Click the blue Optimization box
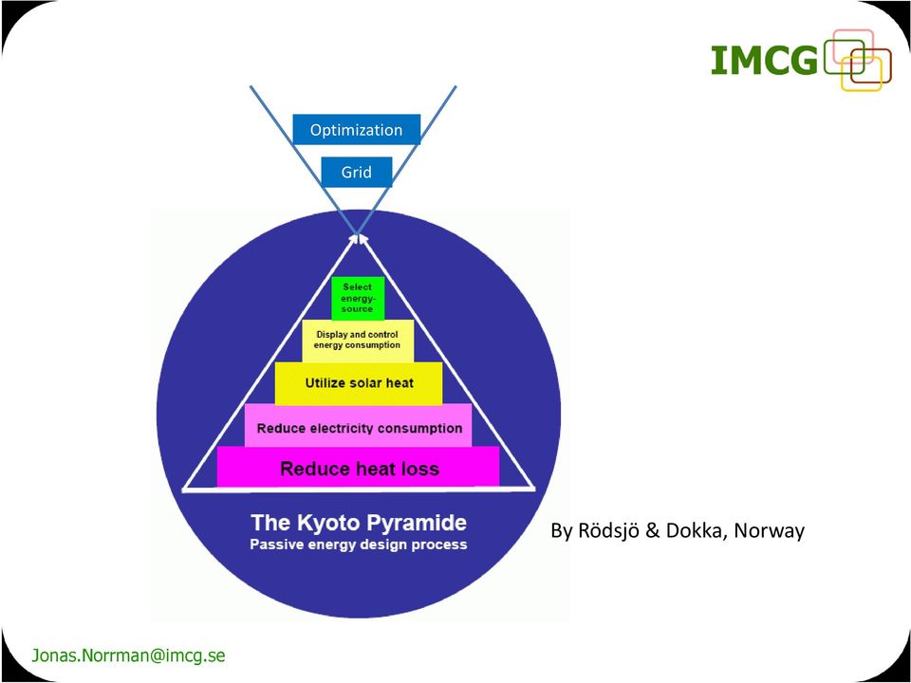[x=356, y=129]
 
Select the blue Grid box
[x=356, y=172]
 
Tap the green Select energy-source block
[x=358, y=298]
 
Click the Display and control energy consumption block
[x=358, y=341]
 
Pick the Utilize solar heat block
[x=359, y=383]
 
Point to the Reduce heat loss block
[x=358, y=467]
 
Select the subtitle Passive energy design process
[x=359, y=545]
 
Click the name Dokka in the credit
[x=695, y=531]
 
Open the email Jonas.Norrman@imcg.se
[x=128, y=655]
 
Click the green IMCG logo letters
[x=765, y=61]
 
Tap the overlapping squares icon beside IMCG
[x=858, y=61]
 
